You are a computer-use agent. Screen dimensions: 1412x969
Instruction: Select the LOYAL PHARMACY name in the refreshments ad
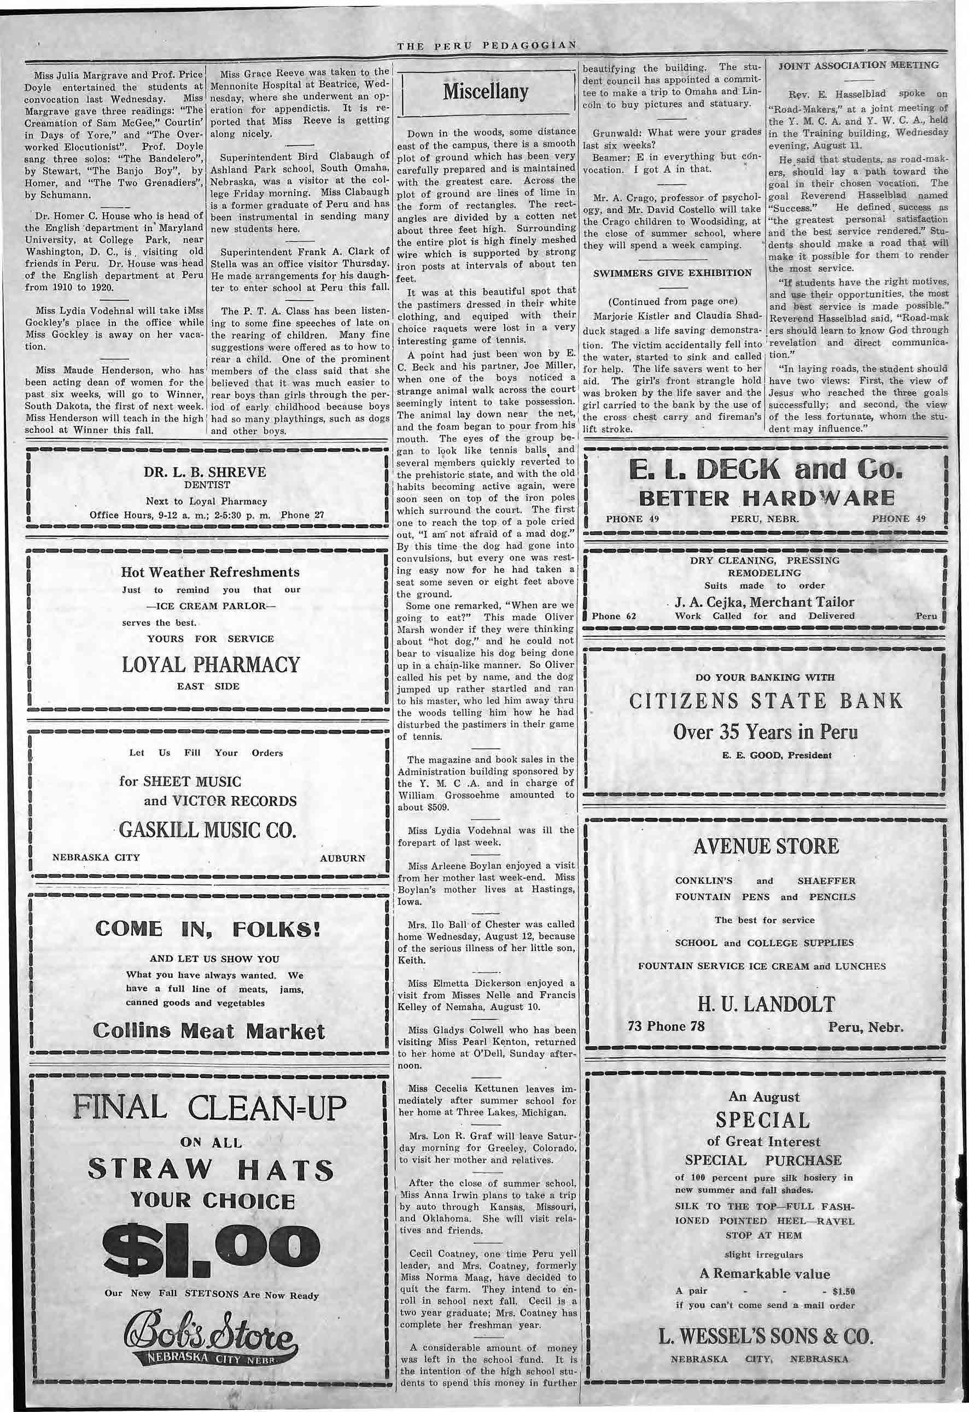211,664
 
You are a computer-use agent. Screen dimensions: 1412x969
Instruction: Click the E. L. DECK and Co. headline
766,469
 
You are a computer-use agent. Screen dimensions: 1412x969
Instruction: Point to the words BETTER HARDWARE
766,499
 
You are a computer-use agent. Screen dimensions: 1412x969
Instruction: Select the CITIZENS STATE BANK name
766,701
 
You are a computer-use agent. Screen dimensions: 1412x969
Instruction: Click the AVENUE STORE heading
766,846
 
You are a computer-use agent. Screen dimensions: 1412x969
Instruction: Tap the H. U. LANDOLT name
766,1004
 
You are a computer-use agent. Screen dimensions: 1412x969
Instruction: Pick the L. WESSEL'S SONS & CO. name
766,1337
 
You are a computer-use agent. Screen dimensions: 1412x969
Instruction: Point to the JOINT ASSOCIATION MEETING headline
859,65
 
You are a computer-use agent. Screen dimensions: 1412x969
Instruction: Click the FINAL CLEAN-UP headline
209,1107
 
